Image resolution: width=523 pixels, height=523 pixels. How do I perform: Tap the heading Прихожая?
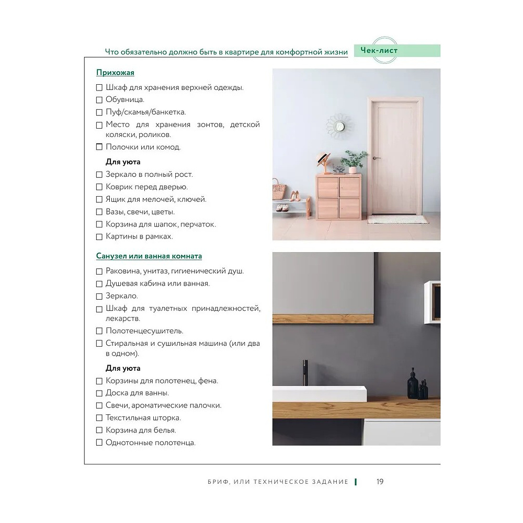(115, 73)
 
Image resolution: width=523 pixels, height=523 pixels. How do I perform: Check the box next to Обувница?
(99, 100)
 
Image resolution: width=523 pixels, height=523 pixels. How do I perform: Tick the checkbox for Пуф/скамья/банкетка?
(99, 112)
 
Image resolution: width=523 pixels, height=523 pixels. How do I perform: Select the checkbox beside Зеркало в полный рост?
(99, 175)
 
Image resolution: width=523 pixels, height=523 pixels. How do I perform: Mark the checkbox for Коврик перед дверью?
(99, 187)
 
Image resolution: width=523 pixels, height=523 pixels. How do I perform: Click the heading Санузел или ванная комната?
(149, 256)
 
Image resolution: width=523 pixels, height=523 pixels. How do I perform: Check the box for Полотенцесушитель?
(99, 331)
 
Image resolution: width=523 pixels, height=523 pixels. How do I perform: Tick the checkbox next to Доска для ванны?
(99, 393)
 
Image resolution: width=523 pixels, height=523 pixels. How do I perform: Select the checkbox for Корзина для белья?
(99, 430)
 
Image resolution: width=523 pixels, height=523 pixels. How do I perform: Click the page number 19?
(380, 482)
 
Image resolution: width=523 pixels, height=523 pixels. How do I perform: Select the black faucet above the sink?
(304, 371)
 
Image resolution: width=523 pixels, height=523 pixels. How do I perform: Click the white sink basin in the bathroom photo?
(319, 393)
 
